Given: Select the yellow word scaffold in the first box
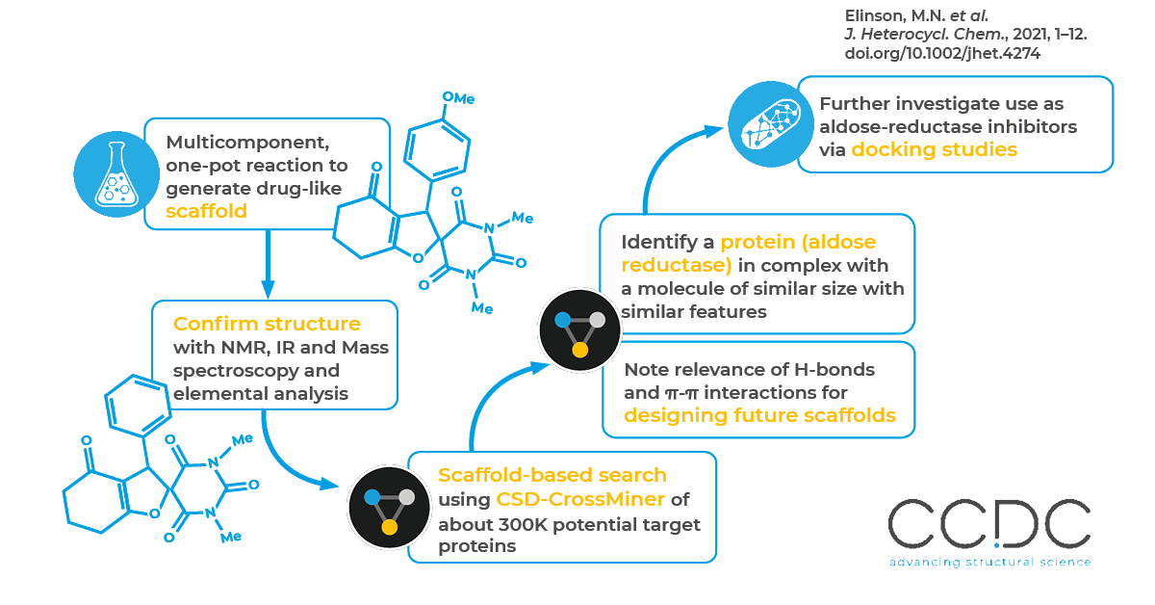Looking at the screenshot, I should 206,211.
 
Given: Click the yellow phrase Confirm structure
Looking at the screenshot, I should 267,324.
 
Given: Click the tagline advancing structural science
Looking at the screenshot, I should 989,562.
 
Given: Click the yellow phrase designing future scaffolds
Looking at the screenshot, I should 759,416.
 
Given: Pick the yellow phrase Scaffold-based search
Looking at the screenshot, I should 552,475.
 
